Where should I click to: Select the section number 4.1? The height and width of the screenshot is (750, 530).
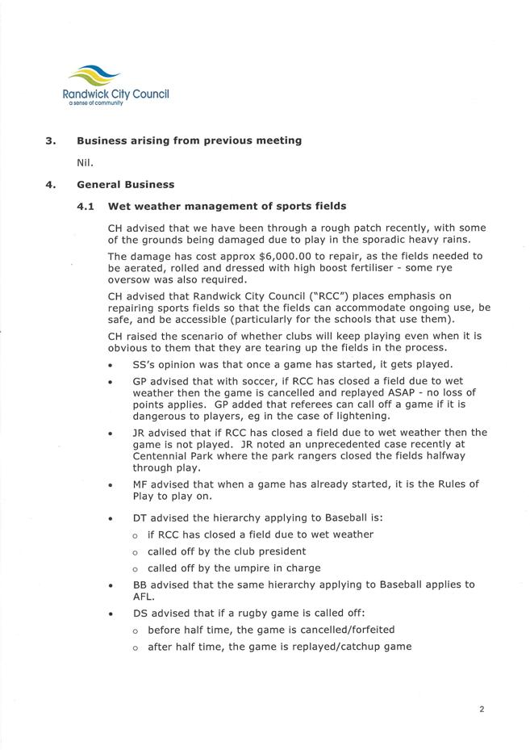(86, 207)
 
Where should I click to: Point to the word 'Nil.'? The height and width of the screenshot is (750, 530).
(86, 162)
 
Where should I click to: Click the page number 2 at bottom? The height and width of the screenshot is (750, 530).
(482, 710)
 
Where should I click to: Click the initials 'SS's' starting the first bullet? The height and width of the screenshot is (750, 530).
(145, 365)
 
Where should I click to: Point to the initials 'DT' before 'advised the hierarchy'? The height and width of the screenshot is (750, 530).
(140, 517)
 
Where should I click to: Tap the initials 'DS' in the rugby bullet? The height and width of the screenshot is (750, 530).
(140, 613)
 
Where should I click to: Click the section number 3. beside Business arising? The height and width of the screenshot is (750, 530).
(51, 140)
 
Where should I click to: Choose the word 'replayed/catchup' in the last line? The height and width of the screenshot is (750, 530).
(292, 646)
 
